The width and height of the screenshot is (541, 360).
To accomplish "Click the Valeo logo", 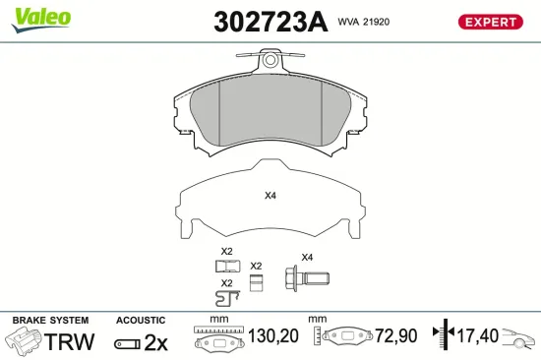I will (39, 17).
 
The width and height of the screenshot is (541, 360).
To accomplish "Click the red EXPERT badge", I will (489, 22).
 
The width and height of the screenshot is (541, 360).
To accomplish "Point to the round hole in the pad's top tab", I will (270, 61).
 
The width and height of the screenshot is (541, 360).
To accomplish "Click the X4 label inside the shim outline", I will (270, 195).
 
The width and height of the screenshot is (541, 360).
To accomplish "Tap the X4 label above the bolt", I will (306, 257).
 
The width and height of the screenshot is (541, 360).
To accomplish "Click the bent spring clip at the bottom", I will (226, 296).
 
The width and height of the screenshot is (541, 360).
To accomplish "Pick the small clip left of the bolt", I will (256, 282).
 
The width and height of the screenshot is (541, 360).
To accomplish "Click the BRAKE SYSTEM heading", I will (49, 321).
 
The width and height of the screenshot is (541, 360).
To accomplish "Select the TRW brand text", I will (70, 342).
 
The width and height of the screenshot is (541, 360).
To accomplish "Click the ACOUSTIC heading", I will (141, 321).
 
